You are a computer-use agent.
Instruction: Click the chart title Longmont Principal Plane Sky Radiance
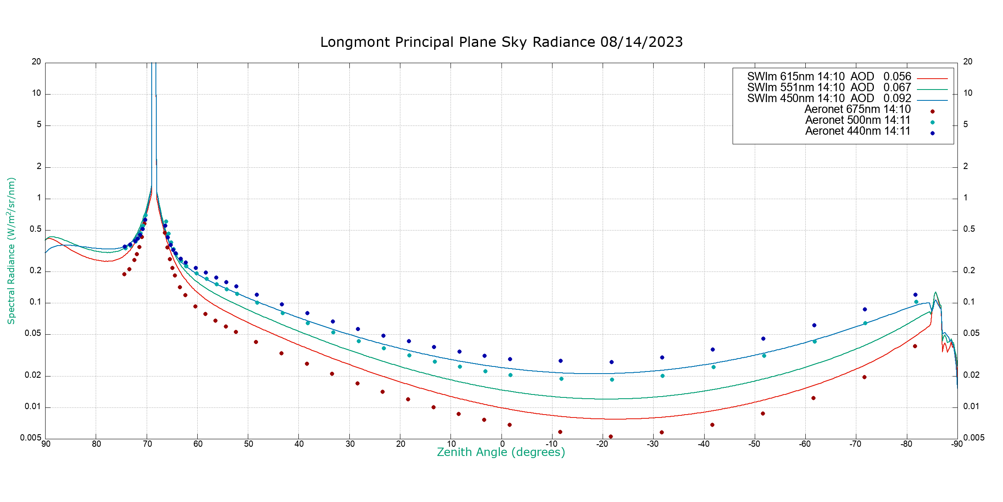pos(501,42)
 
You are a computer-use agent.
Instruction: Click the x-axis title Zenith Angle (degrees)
pos(501,452)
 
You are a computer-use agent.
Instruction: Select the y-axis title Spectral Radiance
pos(11,251)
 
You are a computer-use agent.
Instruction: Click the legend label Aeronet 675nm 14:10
pos(857,110)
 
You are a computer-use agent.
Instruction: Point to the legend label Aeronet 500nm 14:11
pos(858,120)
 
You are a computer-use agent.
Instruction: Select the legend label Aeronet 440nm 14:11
pos(858,131)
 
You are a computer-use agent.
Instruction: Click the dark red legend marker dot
pos(932,111)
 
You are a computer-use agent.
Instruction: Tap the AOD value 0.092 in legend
pos(897,99)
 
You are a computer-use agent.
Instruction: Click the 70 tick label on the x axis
pos(147,444)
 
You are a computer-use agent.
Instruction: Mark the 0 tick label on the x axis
pos(502,444)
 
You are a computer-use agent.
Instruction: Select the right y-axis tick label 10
pos(968,93)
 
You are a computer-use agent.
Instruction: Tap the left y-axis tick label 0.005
pos(31,438)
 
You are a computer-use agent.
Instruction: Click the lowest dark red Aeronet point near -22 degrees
pos(611,436)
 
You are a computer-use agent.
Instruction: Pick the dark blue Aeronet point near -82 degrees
pos(915,295)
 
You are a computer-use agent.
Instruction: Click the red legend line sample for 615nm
pos(932,79)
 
